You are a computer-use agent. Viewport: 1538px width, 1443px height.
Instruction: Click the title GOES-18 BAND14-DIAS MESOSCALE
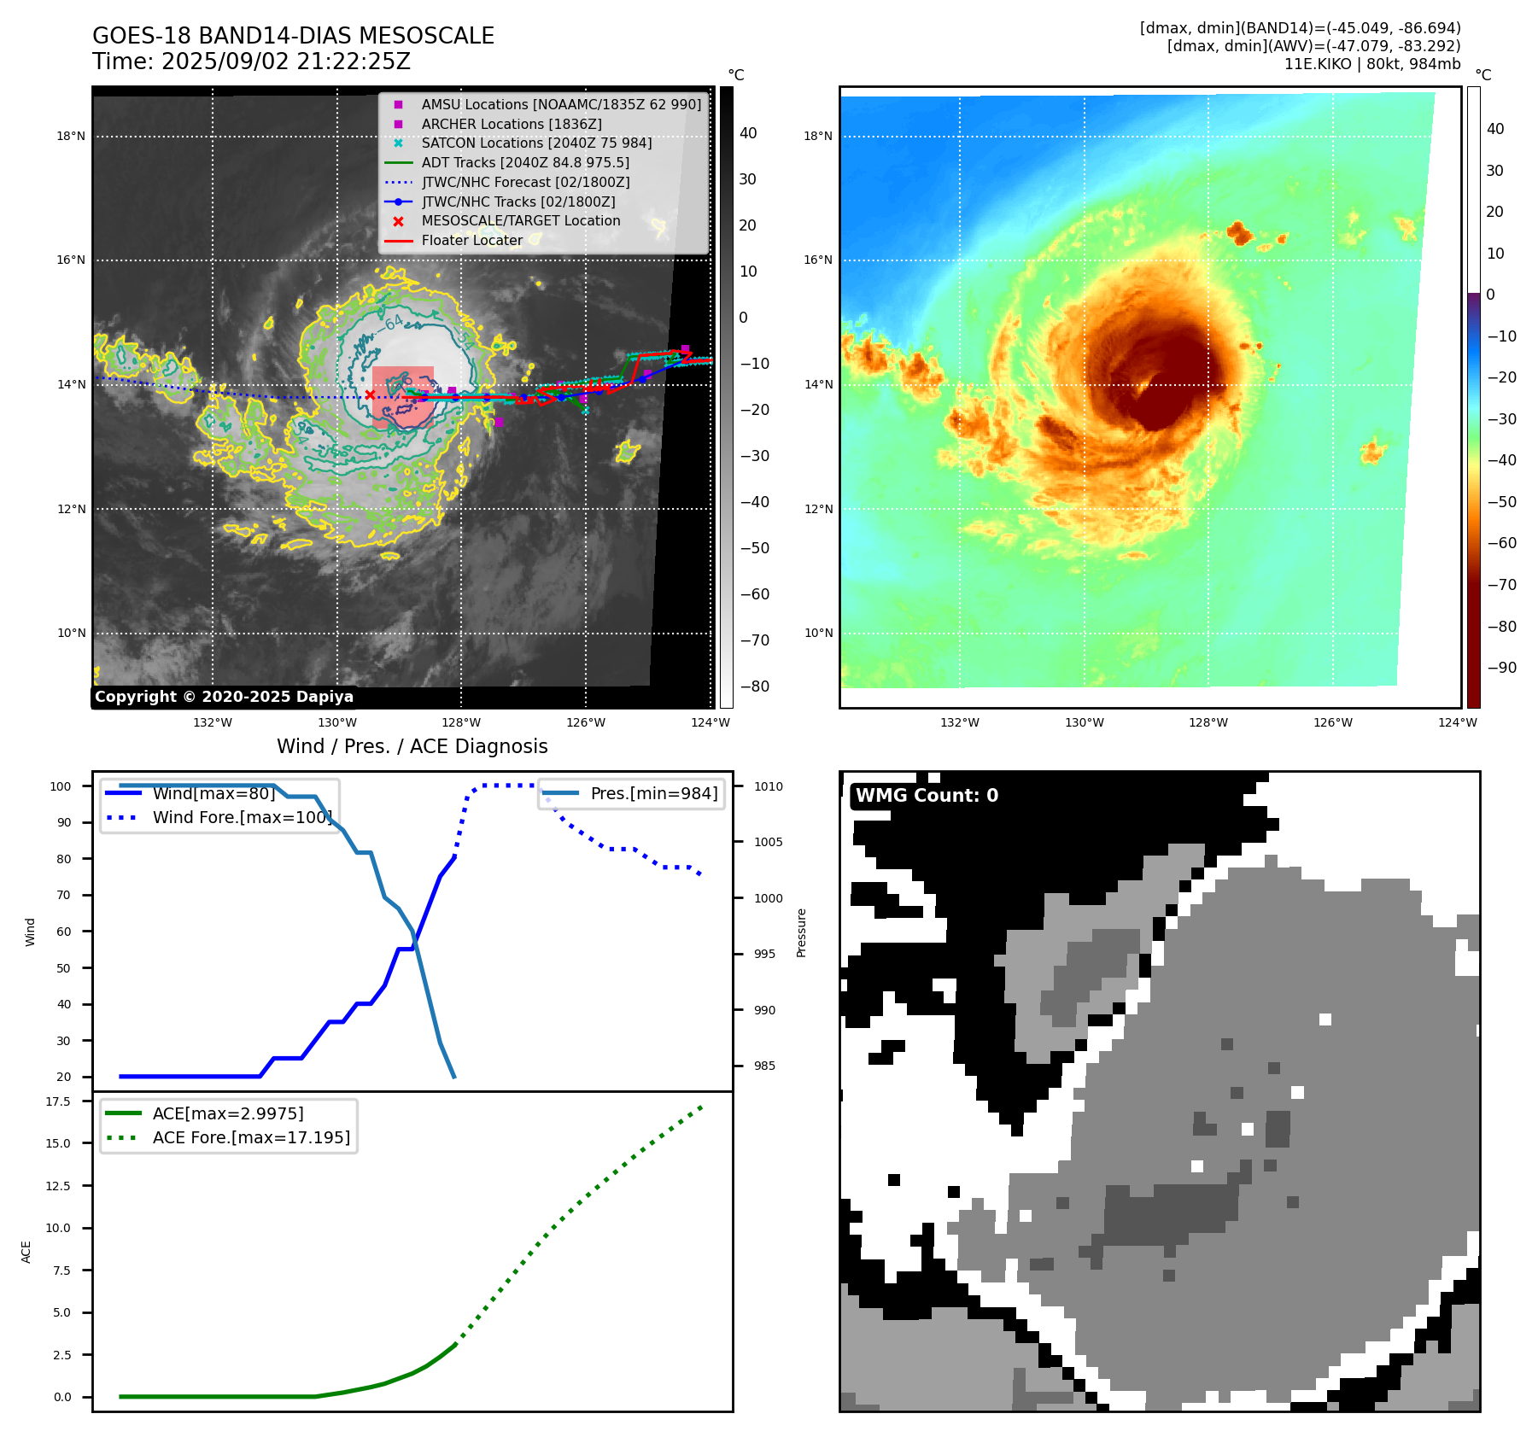tap(293, 36)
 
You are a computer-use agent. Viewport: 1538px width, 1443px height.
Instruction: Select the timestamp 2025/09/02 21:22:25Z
tap(286, 61)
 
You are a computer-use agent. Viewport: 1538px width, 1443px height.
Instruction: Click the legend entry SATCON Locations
tap(536, 143)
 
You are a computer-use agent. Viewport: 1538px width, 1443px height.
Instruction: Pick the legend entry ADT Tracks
tap(525, 162)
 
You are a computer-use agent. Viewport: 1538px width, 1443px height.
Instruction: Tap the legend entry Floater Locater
tap(471, 240)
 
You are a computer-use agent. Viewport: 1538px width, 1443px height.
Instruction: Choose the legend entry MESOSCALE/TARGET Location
tap(521, 220)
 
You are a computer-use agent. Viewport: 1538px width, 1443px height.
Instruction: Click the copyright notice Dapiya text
tap(224, 697)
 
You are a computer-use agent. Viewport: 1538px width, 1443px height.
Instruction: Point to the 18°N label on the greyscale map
tap(71, 136)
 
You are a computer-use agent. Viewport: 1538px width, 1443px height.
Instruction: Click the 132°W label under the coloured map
tap(960, 722)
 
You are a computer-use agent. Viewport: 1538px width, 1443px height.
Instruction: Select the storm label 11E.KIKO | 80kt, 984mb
tap(1372, 64)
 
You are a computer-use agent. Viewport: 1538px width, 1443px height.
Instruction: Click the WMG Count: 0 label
tap(927, 796)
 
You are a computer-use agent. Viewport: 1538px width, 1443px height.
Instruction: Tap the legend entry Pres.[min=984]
tap(654, 793)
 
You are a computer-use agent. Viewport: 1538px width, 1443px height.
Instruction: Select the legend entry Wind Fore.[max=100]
tap(242, 817)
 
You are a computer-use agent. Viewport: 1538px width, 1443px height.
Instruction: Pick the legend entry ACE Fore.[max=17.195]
tap(251, 1137)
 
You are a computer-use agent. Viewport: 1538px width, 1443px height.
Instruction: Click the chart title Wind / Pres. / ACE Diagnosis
tap(412, 746)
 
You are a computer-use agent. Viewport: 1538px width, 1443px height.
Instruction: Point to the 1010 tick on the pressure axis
tap(768, 786)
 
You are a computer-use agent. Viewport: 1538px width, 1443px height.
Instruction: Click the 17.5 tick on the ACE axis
tap(58, 1101)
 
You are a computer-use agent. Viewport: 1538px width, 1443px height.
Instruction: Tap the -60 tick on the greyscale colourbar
tap(754, 594)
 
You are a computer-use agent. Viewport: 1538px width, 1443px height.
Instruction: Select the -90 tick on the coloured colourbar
tap(1501, 668)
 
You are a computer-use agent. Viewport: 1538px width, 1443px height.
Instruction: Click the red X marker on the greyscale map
tap(370, 394)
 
